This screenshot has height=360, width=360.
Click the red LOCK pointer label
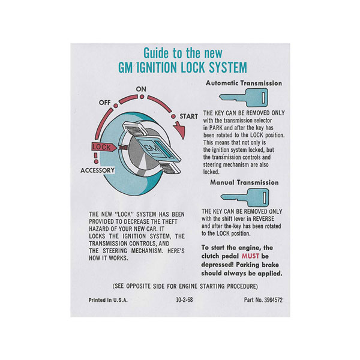tap(104, 147)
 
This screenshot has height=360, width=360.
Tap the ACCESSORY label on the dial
tap(97, 170)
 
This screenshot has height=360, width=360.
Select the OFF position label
tap(104, 103)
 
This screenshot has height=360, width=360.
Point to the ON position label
tap(141, 89)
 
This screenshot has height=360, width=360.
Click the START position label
tap(188, 116)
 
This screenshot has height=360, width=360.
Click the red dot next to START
tap(173, 116)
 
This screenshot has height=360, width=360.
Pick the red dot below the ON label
tap(142, 97)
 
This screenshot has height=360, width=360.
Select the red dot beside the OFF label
tap(116, 106)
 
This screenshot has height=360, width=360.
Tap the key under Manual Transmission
tap(245, 197)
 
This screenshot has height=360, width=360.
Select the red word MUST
tap(250, 256)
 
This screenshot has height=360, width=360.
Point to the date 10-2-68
tap(184, 300)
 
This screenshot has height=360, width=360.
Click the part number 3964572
tap(273, 300)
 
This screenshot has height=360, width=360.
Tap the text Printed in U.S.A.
tap(108, 300)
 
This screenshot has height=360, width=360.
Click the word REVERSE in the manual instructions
tap(263, 218)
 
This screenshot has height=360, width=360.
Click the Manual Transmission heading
tap(244, 182)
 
